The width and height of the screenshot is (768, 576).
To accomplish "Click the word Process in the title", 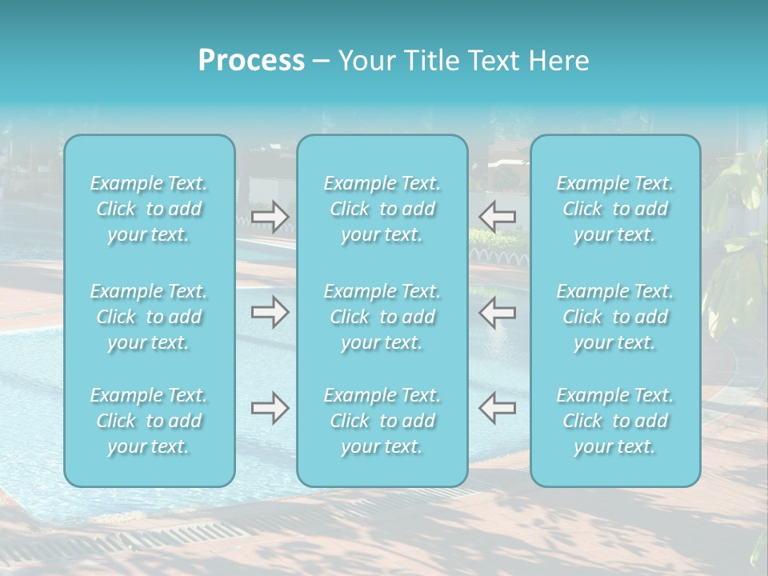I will click(251, 61).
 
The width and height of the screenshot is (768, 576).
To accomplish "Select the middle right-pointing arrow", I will click(270, 313).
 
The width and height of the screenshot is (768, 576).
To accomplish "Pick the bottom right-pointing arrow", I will click(270, 408).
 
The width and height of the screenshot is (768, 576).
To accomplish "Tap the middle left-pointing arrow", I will click(498, 313).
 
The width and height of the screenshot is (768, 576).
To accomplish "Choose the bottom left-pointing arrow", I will click(498, 408).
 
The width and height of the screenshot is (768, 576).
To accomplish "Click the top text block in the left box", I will click(149, 209).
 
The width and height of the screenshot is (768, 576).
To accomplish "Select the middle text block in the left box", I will click(149, 317).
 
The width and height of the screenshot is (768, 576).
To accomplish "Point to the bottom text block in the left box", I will click(149, 421).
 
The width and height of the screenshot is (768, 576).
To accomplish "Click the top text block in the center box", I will click(382, 209).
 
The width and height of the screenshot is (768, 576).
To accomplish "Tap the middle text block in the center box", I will click(382, 317).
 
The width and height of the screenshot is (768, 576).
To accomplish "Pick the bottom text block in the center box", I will click(382, 421).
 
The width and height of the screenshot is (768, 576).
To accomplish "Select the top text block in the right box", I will click(615, 209).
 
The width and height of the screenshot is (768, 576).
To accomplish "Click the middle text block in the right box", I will click(615, 317).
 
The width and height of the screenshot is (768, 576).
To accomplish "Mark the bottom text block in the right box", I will click(615, 421).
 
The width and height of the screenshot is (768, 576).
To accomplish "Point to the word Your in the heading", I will click(365, 61).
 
